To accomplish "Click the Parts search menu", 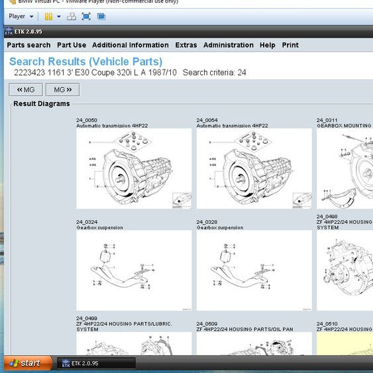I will point(28,45).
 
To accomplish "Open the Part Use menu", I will point(72,45).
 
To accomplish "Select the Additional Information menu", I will point(131,45).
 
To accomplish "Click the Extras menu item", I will point(186,45).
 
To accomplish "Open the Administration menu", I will point(229,45).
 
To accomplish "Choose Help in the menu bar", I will point(268,45).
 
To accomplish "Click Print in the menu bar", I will point(290,45).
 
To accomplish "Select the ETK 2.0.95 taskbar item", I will point(96,363).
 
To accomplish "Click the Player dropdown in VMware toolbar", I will point(21,16).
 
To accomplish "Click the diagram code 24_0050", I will point(87,120).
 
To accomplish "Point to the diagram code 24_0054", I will point(207,120).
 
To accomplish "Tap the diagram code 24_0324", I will point(87,222).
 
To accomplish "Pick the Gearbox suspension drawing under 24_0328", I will point(254,270).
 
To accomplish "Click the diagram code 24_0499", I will point(87,318).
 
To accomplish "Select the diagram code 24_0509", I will point(207,324).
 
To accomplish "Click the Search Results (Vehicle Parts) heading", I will point(85,62).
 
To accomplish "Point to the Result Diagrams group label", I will point(42,103).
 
